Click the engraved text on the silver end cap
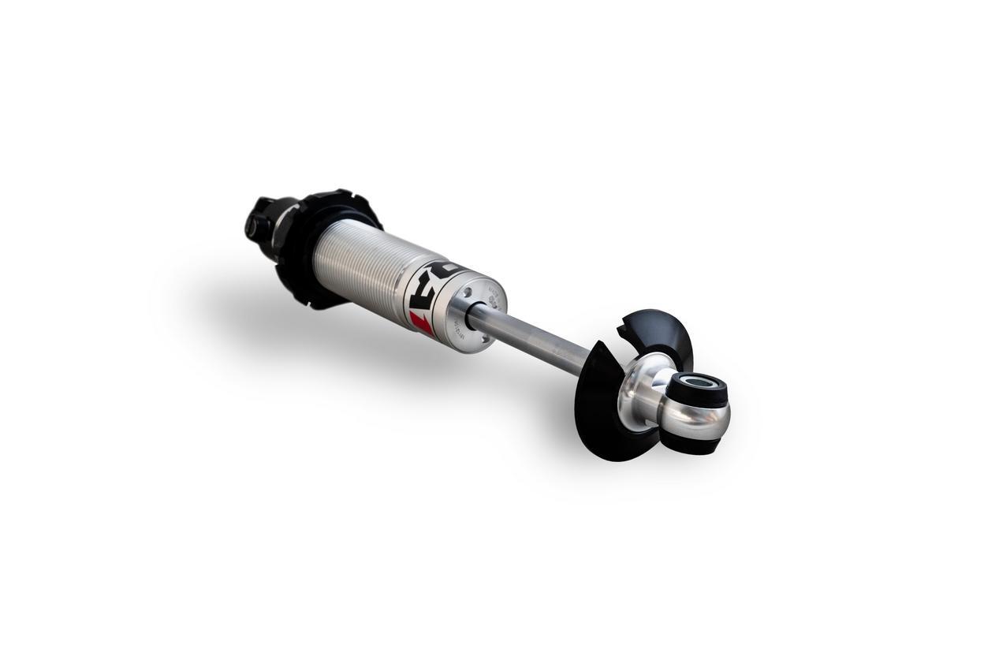(494, 299)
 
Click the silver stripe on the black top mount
(284, 225)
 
